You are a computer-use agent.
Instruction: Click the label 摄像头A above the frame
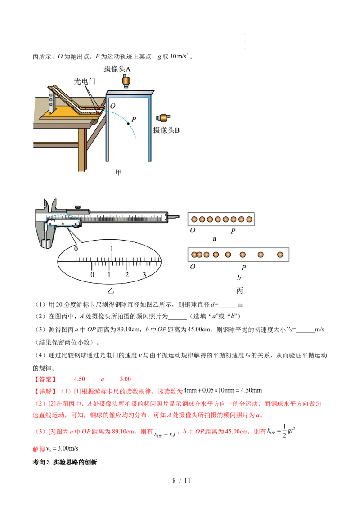click(117, 69)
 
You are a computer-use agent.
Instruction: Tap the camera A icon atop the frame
click(126, 81)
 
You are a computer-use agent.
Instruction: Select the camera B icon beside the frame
click(163, 118)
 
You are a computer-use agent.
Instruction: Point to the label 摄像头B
click(166, 130)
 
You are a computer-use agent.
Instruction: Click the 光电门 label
click(85, 81)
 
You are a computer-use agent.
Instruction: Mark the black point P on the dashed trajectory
click(128, 124)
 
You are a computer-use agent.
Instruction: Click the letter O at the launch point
click(113, 106)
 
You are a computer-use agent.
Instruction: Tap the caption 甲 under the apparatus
click(118, 172)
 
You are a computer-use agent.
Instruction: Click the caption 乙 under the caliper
click(111, 290)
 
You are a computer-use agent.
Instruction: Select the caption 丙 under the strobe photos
click(239, 290)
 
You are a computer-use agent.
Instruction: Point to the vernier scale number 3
click(144, 275)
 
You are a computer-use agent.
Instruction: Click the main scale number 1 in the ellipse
click(112, 249)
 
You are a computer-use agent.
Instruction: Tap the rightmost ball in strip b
click(280, 255)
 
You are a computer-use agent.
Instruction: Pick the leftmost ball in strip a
click(194, 219)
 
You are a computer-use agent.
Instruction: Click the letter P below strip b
click(244, 268)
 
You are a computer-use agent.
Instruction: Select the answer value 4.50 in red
click(79, 379)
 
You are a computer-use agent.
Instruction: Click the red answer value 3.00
click(126, 379)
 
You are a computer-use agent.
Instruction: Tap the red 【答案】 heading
click(45, 379)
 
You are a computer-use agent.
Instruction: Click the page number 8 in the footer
click(174, 481)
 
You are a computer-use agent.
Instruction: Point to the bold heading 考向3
click(41, 462)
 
